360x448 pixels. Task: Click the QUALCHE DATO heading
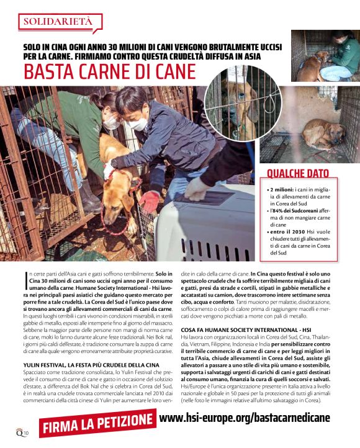(x=298, y=173)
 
